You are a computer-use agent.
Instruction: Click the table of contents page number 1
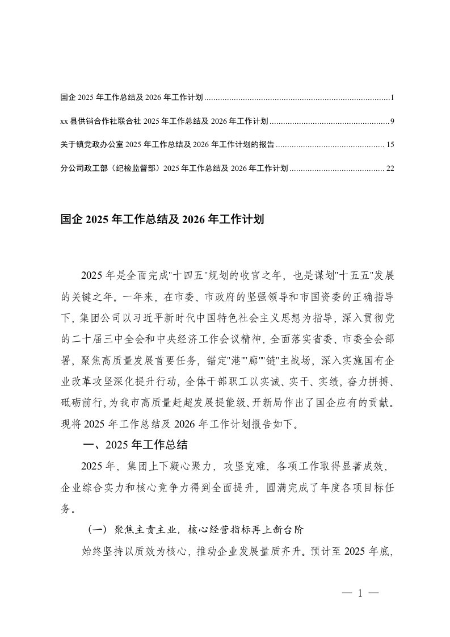coord(392,98)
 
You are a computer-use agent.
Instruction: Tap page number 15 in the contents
coord(390,145)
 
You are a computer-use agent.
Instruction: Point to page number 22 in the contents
coord(390,168)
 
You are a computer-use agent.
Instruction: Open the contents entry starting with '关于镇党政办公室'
coord(167,145)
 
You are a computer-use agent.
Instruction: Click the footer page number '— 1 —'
coord(360,593)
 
